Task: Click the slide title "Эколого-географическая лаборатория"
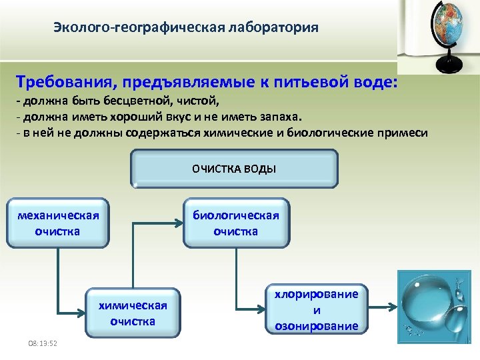tap(186, 28)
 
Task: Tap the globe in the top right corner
tap(447, 27)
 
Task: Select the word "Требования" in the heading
tap(58, 82)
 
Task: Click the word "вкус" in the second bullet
tap(186, 117)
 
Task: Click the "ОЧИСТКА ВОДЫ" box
tap(234, 169)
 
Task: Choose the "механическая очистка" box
tap(58, 223)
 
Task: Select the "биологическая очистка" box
tap(236, 223)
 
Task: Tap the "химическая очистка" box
tap(133, 313)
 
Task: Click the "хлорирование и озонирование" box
tap(317, 310)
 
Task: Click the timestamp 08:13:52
tap(42, 343)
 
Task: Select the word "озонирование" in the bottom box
tap(317, 326)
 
